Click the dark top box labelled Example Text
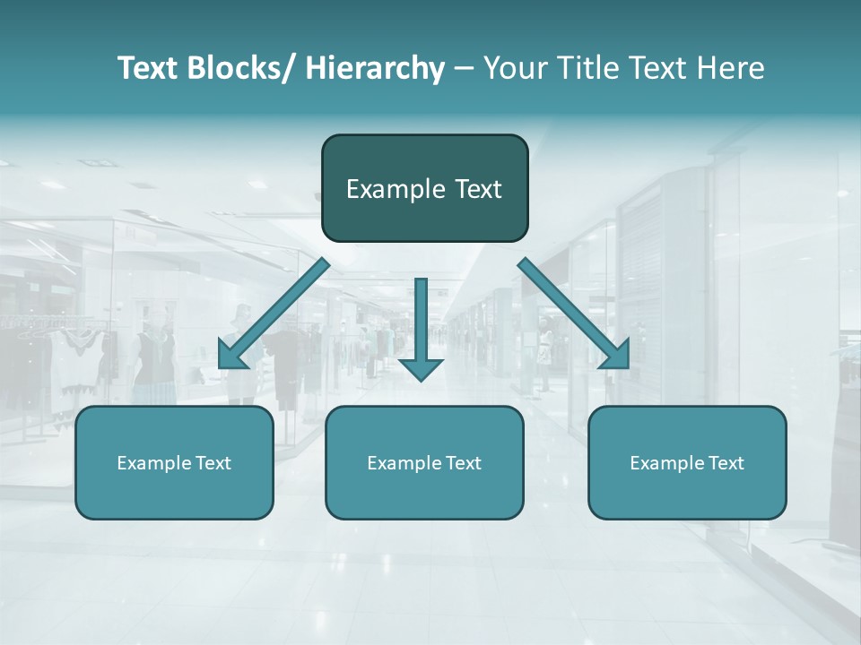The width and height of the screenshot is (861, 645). [424, 188]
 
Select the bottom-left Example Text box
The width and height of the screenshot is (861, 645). [174, 462]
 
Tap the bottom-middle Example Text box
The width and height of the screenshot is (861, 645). [424, 462]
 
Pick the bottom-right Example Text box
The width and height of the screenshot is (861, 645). [687, 462]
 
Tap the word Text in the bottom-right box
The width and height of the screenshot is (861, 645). [725, 463]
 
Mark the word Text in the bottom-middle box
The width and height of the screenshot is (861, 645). [462, 463]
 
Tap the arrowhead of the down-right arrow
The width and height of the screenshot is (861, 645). [615, 355]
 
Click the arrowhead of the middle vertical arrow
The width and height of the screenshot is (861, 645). [421, 368]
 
